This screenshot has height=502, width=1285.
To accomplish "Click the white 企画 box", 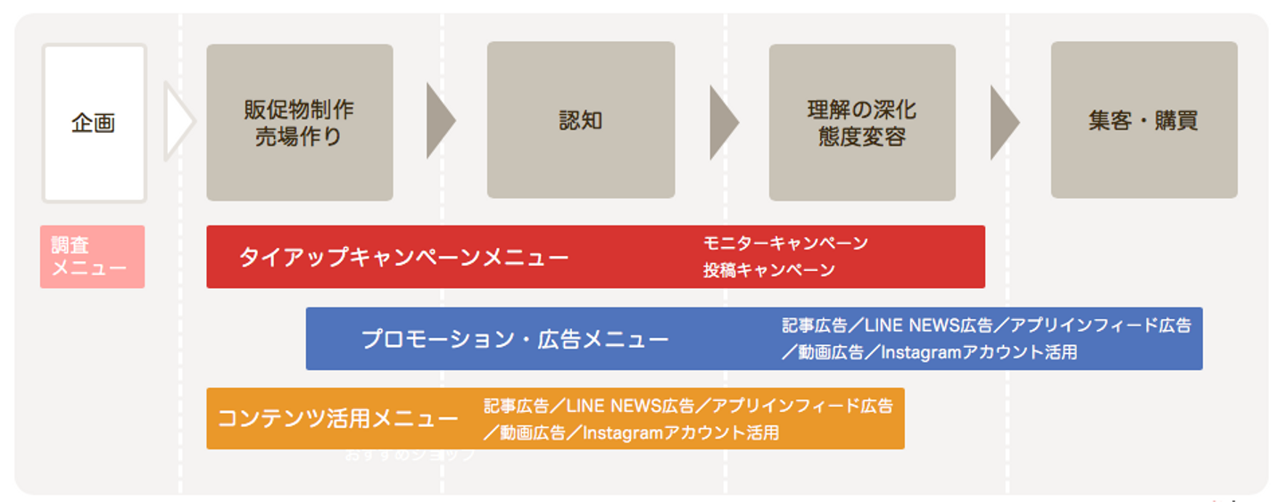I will tap(94, 123).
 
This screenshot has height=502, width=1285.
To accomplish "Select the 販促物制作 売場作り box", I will tap(299, 123).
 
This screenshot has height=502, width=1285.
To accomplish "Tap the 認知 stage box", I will tap(580, 120).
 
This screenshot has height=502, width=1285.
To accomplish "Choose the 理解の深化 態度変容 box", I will tap(862, 123).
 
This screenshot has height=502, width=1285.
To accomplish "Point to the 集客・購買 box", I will tap(1143, 120).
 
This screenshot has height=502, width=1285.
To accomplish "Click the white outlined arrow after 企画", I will tap(178, 121).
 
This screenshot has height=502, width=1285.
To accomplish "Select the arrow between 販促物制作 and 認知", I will tap(439, 121).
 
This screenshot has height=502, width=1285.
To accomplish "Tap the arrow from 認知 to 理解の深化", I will tap(722, 121).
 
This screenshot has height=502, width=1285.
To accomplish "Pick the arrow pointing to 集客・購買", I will tap(1003, 121).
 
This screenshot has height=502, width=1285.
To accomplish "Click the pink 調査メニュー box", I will tap(92, 257).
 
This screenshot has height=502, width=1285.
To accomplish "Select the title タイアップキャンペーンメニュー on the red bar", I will tap(403, 258).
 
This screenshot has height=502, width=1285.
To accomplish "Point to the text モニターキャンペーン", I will tap(785, 243).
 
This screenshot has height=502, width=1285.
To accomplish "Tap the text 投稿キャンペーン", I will tap(769, 270).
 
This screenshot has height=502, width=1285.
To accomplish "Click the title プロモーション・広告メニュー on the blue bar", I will tap(515, 340).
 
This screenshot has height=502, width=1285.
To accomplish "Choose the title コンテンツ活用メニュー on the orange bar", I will tap(338, 419).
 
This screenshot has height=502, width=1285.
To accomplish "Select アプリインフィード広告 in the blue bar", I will tap(1100, 325).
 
